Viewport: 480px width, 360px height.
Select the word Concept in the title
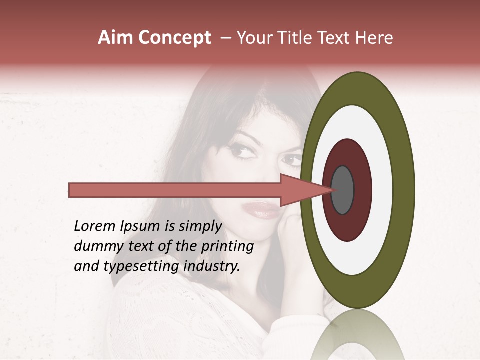click(x=174, y=38)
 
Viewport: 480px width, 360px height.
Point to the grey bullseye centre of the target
click(x=342, y=190)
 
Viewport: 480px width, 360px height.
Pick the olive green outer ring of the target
click(x=403, y=190)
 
